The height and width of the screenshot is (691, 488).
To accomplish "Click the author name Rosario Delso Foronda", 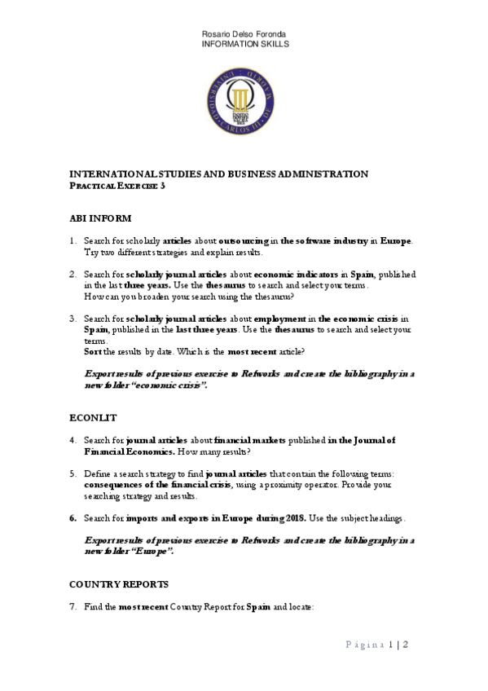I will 244,33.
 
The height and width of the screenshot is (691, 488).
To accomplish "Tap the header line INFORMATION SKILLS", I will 244,43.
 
